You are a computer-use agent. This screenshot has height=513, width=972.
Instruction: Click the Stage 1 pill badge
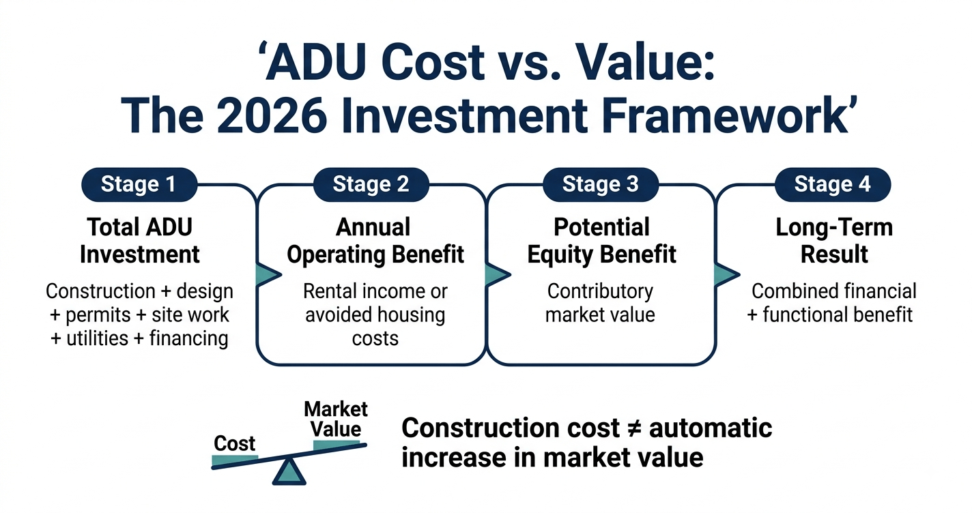(x=139, y=185)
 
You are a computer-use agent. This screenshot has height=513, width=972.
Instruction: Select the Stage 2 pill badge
(x=371, y=185)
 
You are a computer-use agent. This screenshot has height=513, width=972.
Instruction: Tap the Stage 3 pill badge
(x=601, y=185)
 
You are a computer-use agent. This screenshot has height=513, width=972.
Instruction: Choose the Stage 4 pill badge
(x=833, y=185)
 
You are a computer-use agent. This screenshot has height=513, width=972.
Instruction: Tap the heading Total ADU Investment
(x=140, y=241)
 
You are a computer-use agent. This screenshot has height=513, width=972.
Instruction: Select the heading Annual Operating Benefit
(x=375, y=241)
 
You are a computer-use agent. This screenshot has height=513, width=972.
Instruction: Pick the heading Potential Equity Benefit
(x=601, y=241)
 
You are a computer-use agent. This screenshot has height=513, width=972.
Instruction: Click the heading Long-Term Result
(x=834, y=241)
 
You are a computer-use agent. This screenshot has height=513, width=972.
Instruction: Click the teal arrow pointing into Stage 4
(x=727, y=274)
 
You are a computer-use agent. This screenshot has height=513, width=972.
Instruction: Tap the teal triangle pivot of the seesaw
(x=289, y=473)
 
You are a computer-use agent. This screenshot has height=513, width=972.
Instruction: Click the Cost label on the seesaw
(x=234, y=443)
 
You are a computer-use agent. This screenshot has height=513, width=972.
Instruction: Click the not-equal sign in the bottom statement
(x=634, y=428)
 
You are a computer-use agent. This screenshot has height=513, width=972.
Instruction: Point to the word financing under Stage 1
(x=189, y=338)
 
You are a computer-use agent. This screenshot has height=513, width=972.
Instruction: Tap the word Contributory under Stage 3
(x=600, y=291)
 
